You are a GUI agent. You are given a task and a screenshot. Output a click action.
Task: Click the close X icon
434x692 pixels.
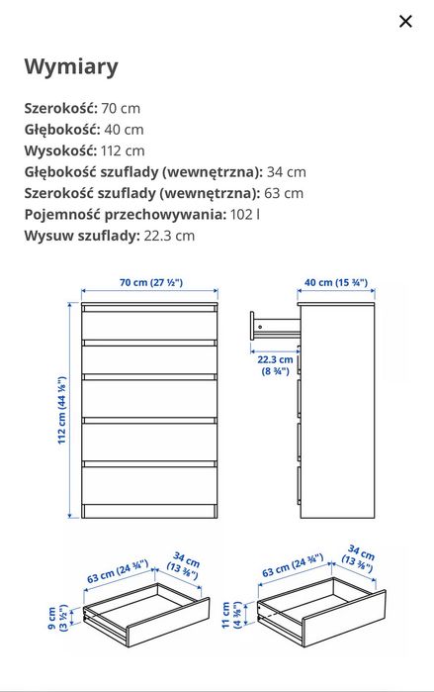(405, 22)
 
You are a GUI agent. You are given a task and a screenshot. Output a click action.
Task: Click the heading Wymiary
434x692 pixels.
(71, 67)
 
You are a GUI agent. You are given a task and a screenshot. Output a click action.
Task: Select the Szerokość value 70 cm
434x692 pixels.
(121, 107)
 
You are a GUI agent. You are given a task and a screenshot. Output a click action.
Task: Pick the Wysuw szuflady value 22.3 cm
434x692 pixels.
(170, 236)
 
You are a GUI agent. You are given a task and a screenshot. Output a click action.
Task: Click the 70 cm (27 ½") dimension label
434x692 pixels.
(150, 282)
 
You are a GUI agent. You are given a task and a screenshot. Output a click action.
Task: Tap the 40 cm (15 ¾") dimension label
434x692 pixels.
(335, 282)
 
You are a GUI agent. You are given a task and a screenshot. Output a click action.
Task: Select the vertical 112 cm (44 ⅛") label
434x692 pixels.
(61, 410)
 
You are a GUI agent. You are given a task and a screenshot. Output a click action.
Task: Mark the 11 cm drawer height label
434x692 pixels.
(231, 616)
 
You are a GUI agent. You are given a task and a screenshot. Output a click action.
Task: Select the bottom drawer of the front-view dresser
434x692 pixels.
(149, 486)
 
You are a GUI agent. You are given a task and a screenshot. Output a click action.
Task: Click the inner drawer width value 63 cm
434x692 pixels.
(284, 193)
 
